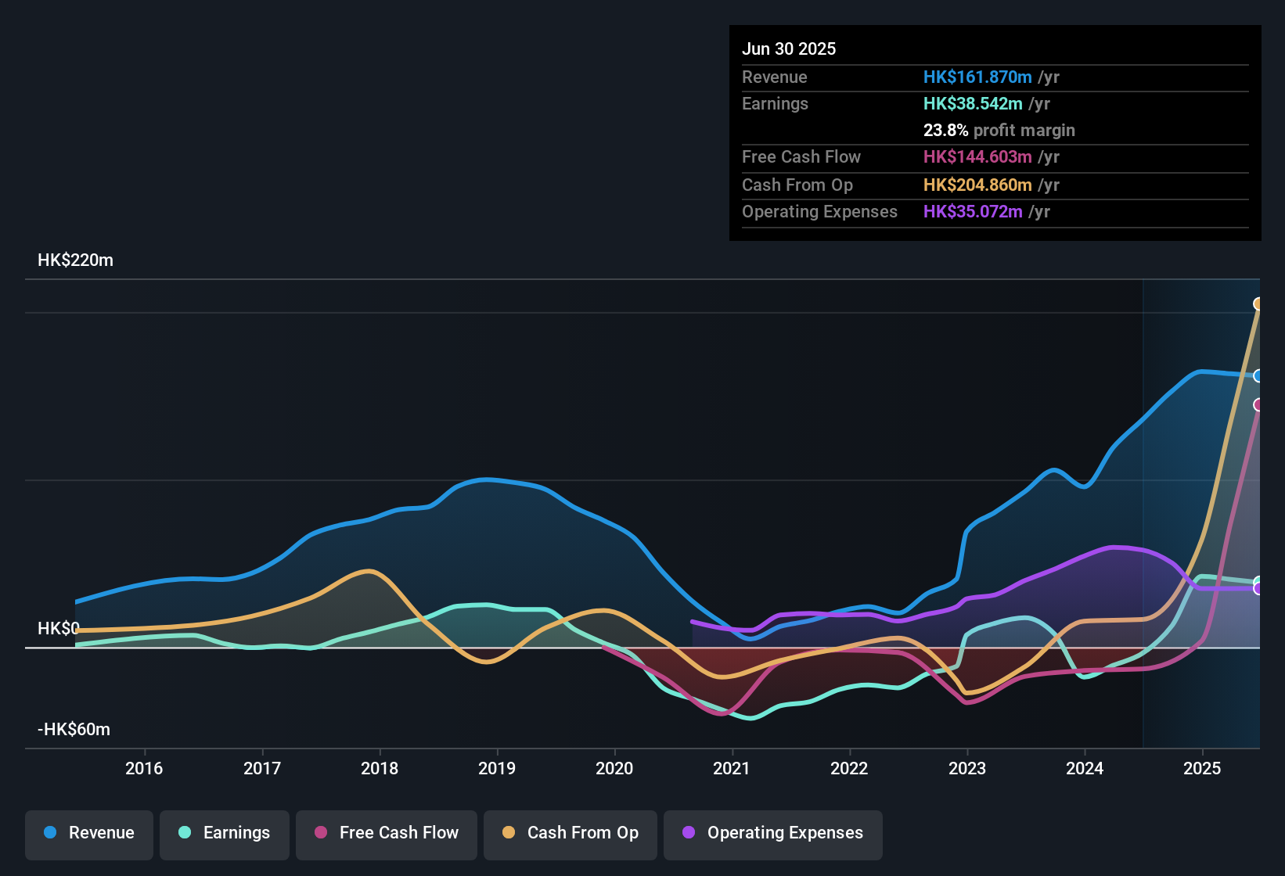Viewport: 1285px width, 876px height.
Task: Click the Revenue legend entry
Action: pyautogui.click(x=89, y=833)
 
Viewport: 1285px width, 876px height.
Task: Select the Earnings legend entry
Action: pyautogui.click(x=225, y=833)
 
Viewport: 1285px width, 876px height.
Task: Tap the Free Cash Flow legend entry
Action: pyautogui.click(x=387, y=833)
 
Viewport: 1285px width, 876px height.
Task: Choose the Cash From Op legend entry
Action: pyautogui.click(x=571, y=833)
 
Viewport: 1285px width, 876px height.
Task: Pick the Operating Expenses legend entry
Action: pyautogui.click(x=773, y=833)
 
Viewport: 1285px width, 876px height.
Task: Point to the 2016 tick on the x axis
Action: pyautogui.click(x=144, y=768)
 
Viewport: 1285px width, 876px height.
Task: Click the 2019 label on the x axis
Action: pyautogui.click(x=497, y=768)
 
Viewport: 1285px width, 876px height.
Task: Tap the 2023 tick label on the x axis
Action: pyautogui.click(x=967, y=768)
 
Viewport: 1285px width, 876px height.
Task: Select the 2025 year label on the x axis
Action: pyautogui.click(x=1202, y=768)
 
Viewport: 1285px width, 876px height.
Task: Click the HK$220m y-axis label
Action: pyautogui.click(x=75, y=260)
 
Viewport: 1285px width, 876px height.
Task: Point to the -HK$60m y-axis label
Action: pyautogui.click(x=74, y=730)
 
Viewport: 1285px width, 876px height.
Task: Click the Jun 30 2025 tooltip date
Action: pyautogui.click(x=789, y=48)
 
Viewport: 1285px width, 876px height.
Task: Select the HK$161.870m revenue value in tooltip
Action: pyautogui.click(x=977, y=77)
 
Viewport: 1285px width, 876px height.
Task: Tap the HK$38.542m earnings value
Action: pyautogui.click(x=973, y=104)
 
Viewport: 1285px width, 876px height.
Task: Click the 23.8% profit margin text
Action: pyautogui.click(x=999, y=131)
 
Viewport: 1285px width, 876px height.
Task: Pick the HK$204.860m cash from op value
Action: pyautogui.click(x=977, y=185)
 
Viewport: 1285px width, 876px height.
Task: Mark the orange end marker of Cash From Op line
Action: pyautogui.click(x=1258, y=303)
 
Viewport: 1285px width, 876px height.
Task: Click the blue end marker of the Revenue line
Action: pyautogui.click(x=1258, y=376)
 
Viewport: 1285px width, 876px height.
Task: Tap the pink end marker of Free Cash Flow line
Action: pyautogui.click(x=1258, y=404)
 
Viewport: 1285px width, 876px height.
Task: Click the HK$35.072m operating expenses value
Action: pyautogui.click(x=973, y=212)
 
